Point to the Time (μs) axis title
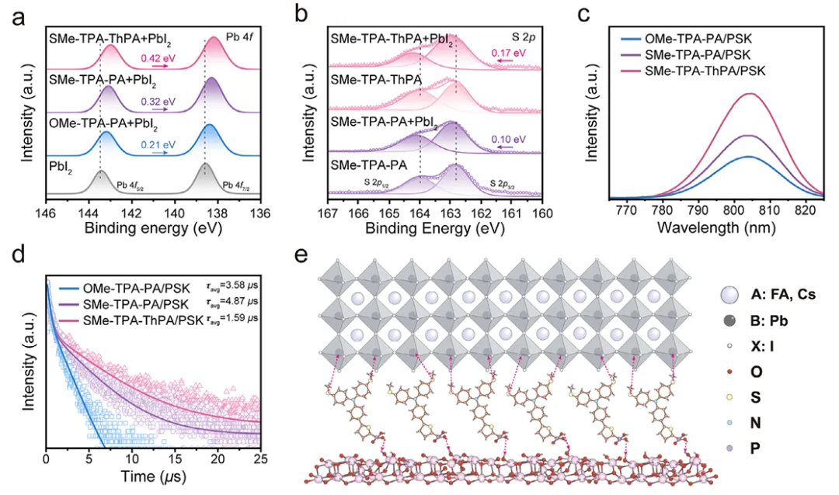(154, 476)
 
